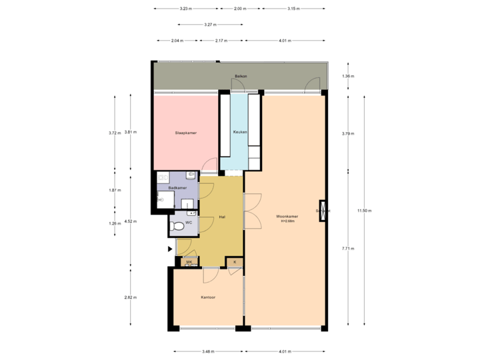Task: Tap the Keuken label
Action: [240, 133]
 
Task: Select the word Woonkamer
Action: [287, 216]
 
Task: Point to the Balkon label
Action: [241, 77]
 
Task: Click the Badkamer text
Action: [176, 188]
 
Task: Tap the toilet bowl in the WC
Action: [177, 227]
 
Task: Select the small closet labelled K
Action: [235, 262]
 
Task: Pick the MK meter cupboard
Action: [189, 262]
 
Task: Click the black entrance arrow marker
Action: [169, 249]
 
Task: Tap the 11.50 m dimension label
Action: [364, 211]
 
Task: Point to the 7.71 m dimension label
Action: [347, 249]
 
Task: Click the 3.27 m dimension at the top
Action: [209, 25]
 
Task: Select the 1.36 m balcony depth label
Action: [347, 76]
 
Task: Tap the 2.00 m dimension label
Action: [240, 9]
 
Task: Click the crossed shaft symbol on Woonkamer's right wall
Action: [324, 210]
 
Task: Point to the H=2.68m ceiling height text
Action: [287, 221]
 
